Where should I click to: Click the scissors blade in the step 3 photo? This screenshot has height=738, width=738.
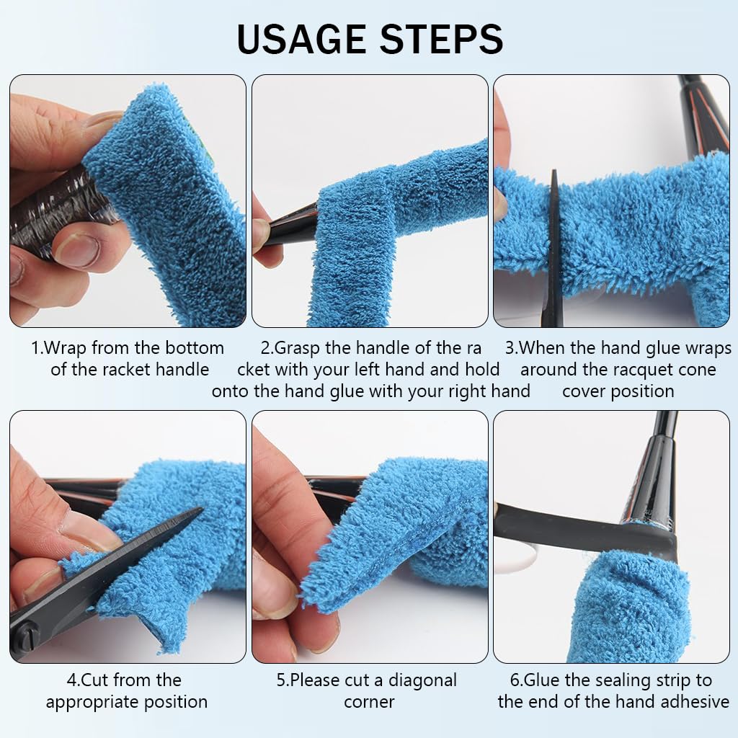(x=553, y=245)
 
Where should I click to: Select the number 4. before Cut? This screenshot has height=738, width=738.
(x=74, y=680)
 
